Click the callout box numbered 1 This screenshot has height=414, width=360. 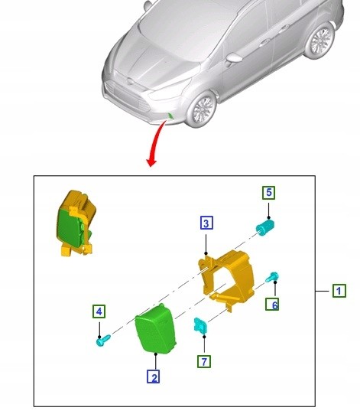339,291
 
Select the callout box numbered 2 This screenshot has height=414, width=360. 153,377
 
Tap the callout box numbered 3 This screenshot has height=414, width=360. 206,223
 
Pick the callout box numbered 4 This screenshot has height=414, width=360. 99,311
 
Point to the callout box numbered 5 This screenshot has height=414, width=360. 269,192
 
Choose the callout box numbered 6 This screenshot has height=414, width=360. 272,304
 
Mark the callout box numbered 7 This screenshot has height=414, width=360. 204,361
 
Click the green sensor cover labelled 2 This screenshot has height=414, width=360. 155,329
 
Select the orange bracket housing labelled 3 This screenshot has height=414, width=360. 227,279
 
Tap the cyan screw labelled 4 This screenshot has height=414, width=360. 103,341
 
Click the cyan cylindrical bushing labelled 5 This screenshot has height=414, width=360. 265,227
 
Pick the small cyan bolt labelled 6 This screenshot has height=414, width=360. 272,277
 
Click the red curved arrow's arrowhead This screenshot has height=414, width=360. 151,162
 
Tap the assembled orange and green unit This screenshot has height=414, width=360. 76,223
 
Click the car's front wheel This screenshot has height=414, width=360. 202,109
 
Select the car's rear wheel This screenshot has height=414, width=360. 320,40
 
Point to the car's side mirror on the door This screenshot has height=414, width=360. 233,58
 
